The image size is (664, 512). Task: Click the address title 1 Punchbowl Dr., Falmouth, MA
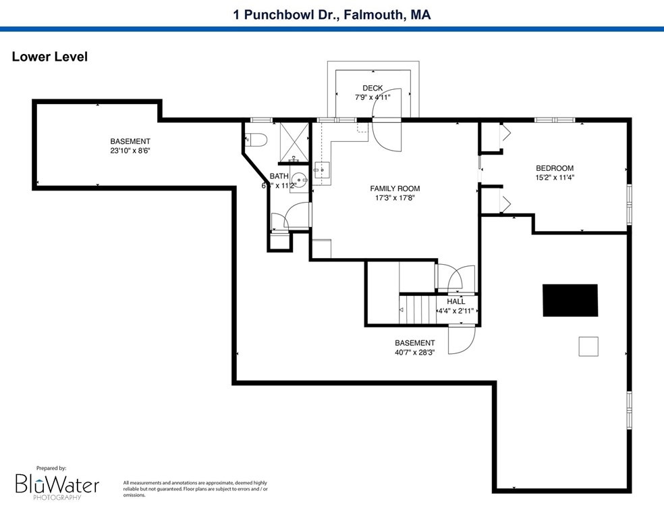(332, 14)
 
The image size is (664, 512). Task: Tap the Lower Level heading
(50, 57)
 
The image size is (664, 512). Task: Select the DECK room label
(372, 88)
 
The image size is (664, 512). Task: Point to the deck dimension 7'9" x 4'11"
(372, 97)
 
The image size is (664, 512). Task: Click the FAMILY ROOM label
(395, 188)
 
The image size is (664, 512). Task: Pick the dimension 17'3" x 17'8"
(395, 198)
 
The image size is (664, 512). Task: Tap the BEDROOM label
(554, 168)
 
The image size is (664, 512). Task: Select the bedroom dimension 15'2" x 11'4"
(554, 178)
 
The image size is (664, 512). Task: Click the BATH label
(279, 176)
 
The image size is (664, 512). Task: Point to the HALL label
(455, 301)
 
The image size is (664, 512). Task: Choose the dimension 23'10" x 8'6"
(130, 151)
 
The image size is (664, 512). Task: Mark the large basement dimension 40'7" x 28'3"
(414, 352)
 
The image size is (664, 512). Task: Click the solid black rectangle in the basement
(570, 300)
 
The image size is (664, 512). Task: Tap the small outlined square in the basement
(588, 346)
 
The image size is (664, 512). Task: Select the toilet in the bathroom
(257, 140)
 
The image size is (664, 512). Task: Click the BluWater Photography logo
(57, 484)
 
